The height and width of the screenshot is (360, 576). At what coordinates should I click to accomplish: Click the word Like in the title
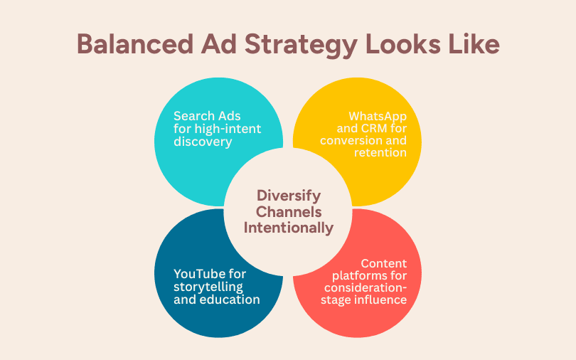coord(474,43)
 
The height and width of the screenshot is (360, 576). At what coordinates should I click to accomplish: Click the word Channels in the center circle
coord(289,212)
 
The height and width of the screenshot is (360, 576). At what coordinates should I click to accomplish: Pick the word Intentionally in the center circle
coord(289,228)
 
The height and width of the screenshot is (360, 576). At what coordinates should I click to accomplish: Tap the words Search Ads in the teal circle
coord(207,115)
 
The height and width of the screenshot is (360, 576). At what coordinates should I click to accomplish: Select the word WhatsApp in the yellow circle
coord(381,115)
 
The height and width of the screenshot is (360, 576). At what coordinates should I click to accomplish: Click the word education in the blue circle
coord(229,299)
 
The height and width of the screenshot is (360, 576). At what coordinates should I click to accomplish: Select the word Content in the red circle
coord(389,263)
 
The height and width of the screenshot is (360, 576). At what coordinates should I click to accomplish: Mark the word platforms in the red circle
coord(369,275)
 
